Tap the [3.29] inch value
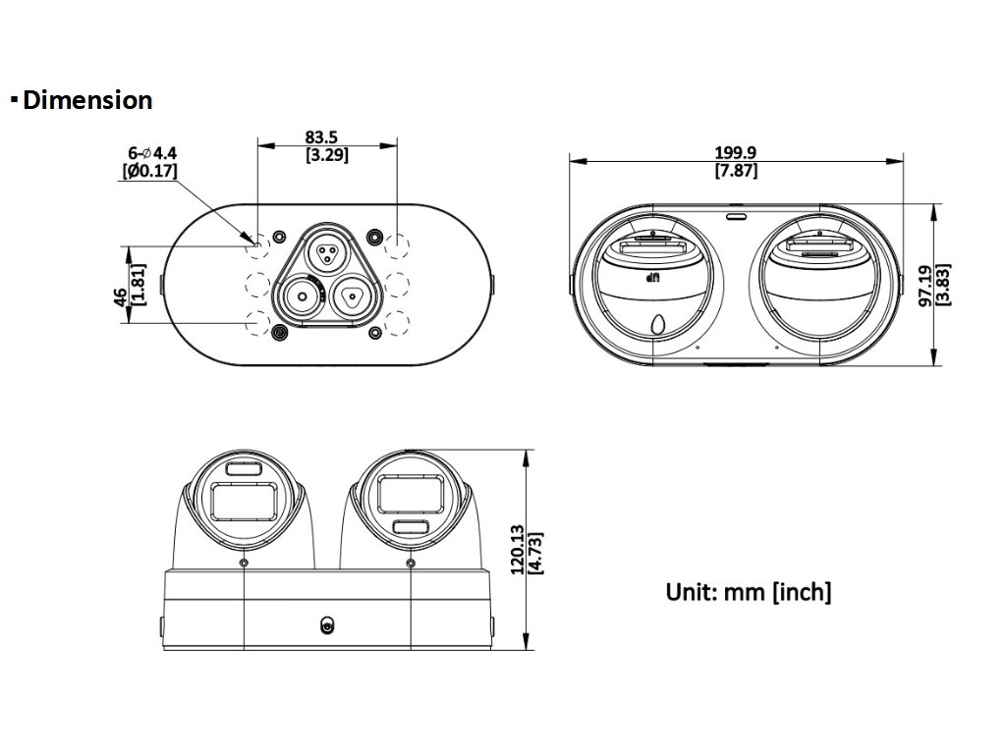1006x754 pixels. (326, 154)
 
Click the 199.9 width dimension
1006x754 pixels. (736, 153)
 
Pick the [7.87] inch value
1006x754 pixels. (736, 170)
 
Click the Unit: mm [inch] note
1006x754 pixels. (749, 592)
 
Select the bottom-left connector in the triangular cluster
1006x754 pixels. (303, 296)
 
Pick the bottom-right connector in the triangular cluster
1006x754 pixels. (350, 296)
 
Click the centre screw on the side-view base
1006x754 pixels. (326, 625)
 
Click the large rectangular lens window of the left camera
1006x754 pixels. (244, 504)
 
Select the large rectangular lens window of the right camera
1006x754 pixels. (411, 494)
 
